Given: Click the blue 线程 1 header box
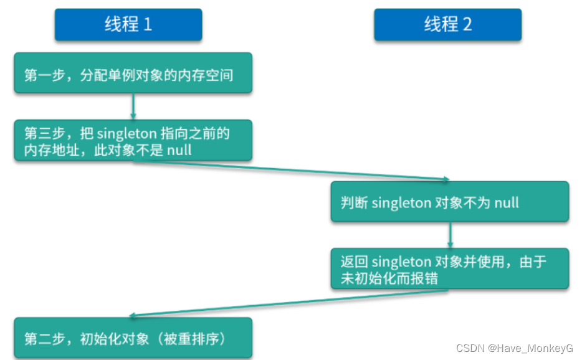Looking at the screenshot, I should pos(128,25).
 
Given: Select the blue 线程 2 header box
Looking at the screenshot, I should pos(447,25).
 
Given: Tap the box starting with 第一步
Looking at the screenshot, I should pos(133,74).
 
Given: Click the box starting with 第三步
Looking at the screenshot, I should pos(133,141).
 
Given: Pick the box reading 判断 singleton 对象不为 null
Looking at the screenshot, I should pos(449,202).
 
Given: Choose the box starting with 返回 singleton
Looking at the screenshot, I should pos(449,269).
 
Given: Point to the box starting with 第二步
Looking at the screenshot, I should pos(133,339).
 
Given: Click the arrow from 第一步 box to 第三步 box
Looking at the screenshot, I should pos(133,107).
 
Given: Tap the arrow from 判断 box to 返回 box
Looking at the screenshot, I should pos(450,235).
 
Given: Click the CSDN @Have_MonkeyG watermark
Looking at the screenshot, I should pos(514,348).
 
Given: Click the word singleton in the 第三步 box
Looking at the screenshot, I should pos(126,132).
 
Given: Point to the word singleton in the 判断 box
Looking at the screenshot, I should pos(401,202).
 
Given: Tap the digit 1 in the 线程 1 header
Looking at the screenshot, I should pos(148,25).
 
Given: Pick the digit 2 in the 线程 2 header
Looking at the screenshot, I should pos(467,25).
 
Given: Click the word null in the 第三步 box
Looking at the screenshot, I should pos(179,150).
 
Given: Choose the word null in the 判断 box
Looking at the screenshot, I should pos(506,202).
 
